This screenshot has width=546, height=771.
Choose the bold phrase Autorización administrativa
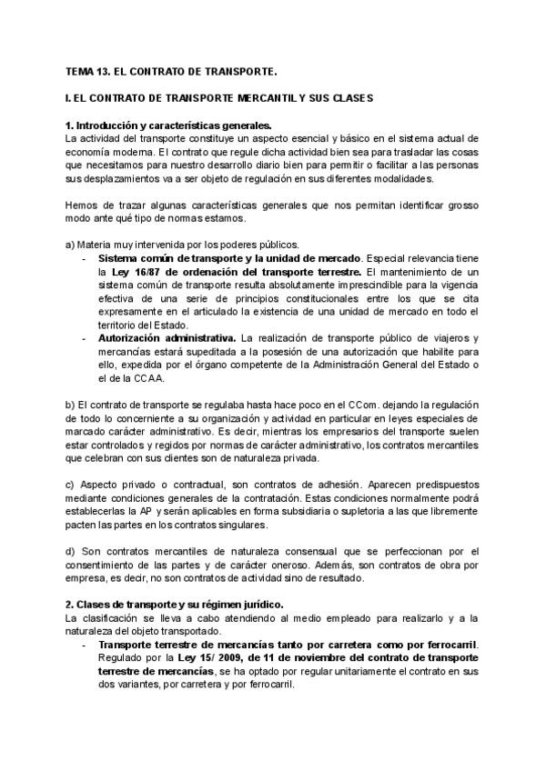163,338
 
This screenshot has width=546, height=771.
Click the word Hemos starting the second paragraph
83,205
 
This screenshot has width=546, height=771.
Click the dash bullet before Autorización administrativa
85,338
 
